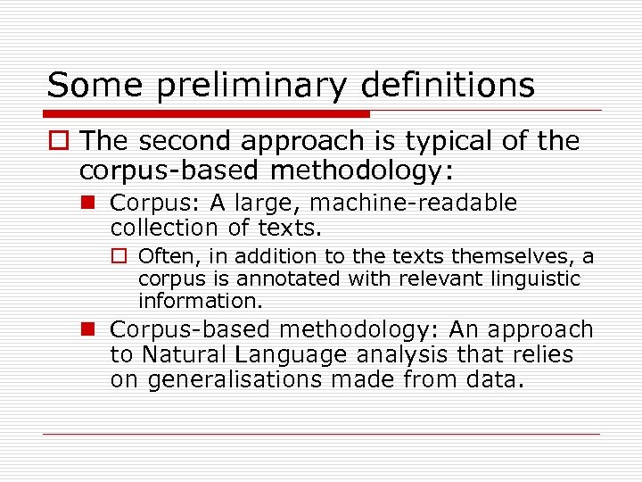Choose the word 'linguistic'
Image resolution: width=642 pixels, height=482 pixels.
pos(531,278)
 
